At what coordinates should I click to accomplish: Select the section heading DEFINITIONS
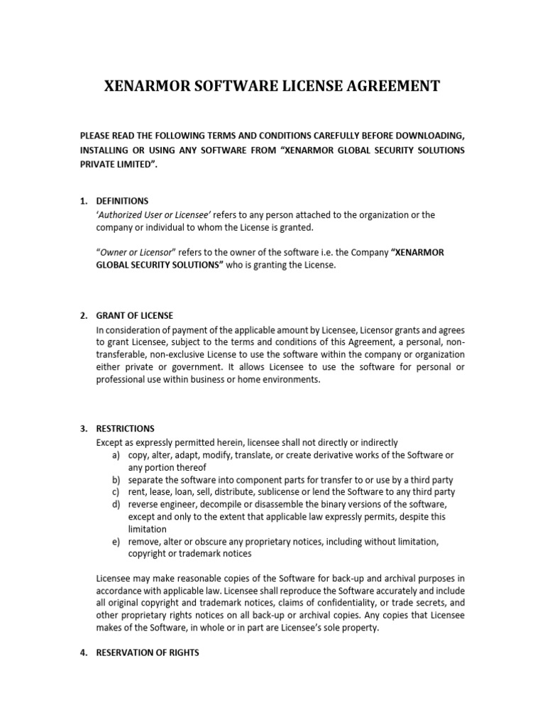tap(123, 201)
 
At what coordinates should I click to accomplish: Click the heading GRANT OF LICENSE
tap(135, 315)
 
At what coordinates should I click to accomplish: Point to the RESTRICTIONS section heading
tap(125, 429)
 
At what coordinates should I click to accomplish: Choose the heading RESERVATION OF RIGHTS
tap(148, 652)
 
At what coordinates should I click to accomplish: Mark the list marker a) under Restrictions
tap(115, 454)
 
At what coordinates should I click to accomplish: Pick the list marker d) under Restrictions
tap(115, 504)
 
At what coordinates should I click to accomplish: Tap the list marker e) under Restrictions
tap(115, 542)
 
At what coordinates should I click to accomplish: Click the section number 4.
tap(83, 652)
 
